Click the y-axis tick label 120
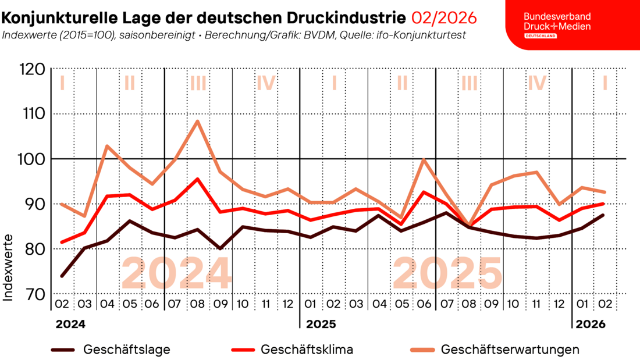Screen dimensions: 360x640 coord(31,70)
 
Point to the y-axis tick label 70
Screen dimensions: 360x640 coord(33,294)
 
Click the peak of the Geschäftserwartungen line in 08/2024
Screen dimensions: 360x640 coord(198,121)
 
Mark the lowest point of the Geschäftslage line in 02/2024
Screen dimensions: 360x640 coord(62,276)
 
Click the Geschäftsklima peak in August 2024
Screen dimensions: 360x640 coord(198,179)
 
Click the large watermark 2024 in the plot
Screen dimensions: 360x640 coord(176,273)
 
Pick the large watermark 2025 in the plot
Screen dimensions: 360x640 coord(447,273)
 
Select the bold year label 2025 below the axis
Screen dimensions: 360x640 coord(321,323)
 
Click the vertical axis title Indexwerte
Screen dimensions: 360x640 coord(9,268)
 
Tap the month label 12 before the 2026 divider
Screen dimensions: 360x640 coord(559,304)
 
